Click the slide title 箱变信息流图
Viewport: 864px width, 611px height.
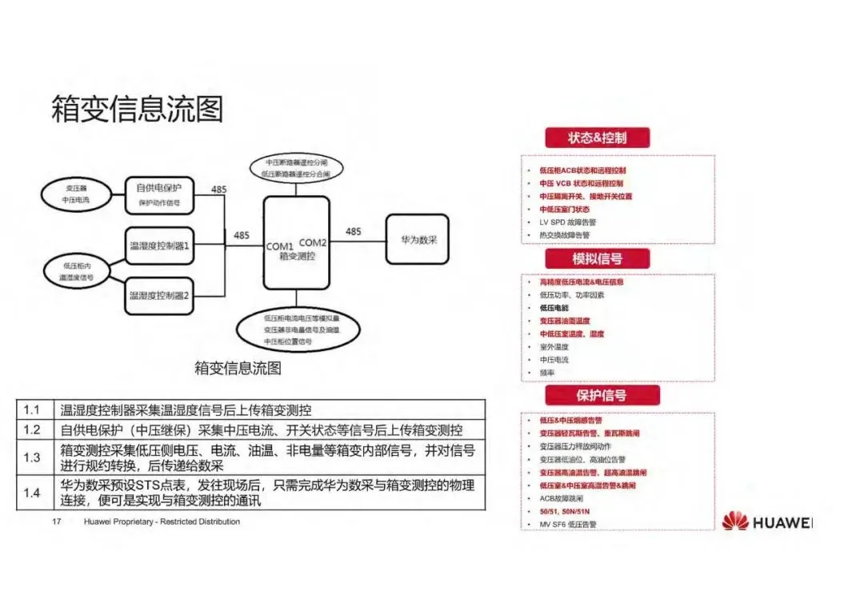pyautogui.click(x=137, y=109)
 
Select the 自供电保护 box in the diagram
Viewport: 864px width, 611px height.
pyautogui.click(x=159, y=195)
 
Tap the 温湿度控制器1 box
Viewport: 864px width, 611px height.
pyautogui.click(x=159, y=246)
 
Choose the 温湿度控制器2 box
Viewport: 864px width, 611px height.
pyautogui.click(x=159, y=296)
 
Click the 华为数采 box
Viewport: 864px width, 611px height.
pyautogui.click(x=417, y=239)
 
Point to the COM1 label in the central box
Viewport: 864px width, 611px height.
pyautogui.click(x=280, y=245)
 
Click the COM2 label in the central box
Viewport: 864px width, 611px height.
pyautogui.click(x=313, y=242)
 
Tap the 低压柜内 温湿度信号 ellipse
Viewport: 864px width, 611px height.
pyautogui.click(x=77, y=270)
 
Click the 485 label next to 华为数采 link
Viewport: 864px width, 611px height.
pyautogui.click(x=353, y=231)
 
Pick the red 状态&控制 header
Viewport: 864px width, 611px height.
pyautogui.click(x=597, y=138)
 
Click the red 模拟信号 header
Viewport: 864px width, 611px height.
pyautogui.click(x=597, y=258)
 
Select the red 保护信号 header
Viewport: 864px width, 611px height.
pyautogui.click(x=601, y=395)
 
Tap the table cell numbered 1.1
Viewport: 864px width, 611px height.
pyautogui.click(x=32, y=409)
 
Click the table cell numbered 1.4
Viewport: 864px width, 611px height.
pyautogui.click(x=32, y=493)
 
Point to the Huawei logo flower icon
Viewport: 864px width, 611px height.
pyautogui.click(x=734, y=521)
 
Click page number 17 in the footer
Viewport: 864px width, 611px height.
pyautogui.click(x=57, y=521)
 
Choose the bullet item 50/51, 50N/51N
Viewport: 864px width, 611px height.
pyautogui.click(x=565, y=510)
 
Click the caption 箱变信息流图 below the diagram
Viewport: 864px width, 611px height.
pyautogui.click(x=238, y=368)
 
